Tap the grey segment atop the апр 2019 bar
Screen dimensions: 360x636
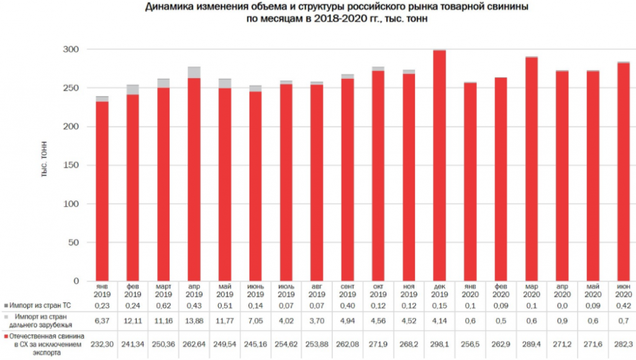[x=194, y=72]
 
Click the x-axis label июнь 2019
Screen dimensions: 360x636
[x=255, y=290]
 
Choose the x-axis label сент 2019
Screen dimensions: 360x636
[x=347, y=290]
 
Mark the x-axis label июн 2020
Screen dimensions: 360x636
[x=623, y=290]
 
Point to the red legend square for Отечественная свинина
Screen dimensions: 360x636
[x=6, y=336]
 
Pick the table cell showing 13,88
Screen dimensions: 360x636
[x=194, y=321]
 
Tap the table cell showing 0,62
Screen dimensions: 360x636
[x=163, y=306]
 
